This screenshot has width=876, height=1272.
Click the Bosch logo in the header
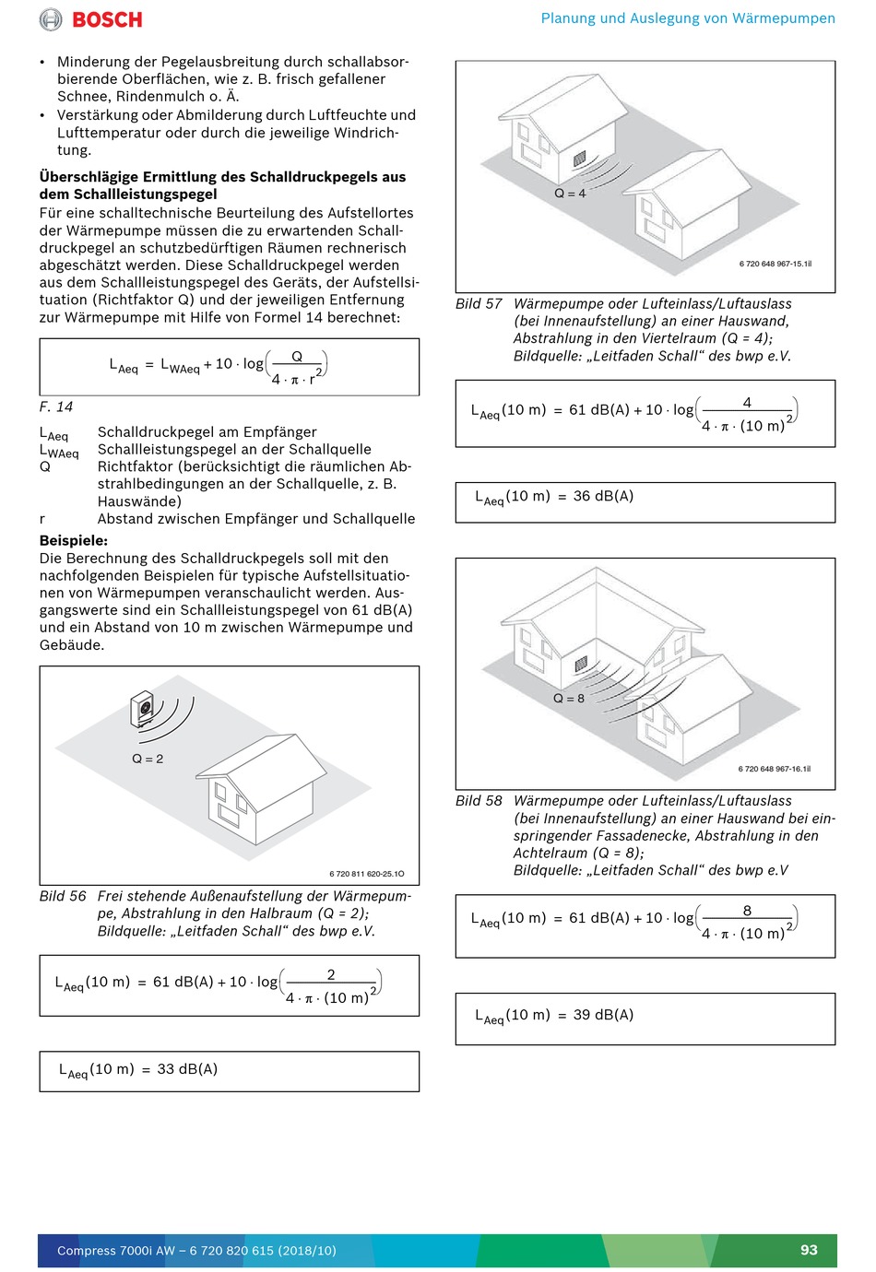click(x=91, y=19)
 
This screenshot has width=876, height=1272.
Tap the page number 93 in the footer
click(x=809, y=1250)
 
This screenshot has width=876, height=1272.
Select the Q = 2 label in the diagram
click(x=148, y=759)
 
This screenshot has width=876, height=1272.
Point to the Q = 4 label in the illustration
click(x=570, y=194)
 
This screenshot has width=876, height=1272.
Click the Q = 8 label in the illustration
click(x=569, y=699)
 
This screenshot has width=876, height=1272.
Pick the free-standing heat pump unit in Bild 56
click(x=143, y=710)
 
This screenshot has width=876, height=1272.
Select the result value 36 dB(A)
click(x=603, y=496)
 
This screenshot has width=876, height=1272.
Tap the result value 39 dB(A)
click(x=603, y=1015)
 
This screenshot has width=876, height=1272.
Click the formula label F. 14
click(x=56, y=406)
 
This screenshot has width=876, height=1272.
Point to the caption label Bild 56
click(x=63, y=896)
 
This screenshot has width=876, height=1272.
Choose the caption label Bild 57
click(x=479, y=304)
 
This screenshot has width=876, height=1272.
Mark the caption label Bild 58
click(x=479, y=801)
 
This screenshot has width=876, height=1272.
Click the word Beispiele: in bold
click(x=74, y=541)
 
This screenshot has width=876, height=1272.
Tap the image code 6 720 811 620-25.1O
click(x=366, y=874)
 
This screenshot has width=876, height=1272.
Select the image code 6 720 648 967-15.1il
click(x=775, y=264)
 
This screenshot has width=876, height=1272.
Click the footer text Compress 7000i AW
click(x=116, y=1251)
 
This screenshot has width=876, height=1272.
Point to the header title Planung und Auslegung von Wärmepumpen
click(x=688, y=18)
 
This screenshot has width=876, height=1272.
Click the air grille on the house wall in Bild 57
click(x=579, y=159)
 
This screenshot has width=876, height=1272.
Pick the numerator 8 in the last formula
click(x=747, y=911)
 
